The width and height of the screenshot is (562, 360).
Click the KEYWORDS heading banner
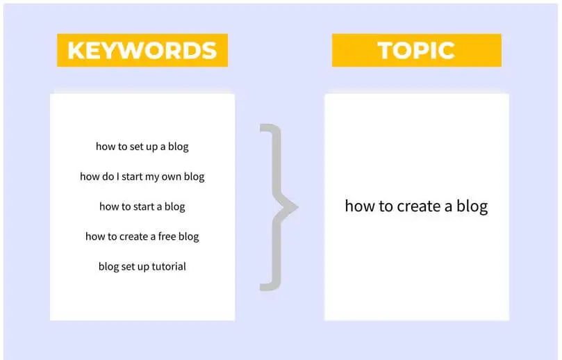coord(142,50)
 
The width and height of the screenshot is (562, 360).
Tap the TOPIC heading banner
coord(417,50)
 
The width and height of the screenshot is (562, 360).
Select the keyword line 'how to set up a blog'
coord(142,147)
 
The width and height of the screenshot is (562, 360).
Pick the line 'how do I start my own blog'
coord(142,177)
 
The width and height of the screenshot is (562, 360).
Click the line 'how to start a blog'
coord(142,206)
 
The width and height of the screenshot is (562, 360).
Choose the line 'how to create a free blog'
coord(142,236)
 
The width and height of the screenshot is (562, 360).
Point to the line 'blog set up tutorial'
coord(142,266)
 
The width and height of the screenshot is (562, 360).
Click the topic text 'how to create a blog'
coord(417,206)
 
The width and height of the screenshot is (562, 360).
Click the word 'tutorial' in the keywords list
coord(169,266)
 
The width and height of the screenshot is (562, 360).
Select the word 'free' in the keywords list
coord(167,236)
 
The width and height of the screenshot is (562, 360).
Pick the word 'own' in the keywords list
coord(172,177)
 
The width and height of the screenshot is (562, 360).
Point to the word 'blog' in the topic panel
coord(472,206)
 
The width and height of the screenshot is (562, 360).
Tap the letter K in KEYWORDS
coord(76,50)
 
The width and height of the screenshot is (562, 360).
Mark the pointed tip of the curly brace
coord(298,207)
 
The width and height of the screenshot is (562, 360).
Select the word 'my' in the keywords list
coord(152,177)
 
